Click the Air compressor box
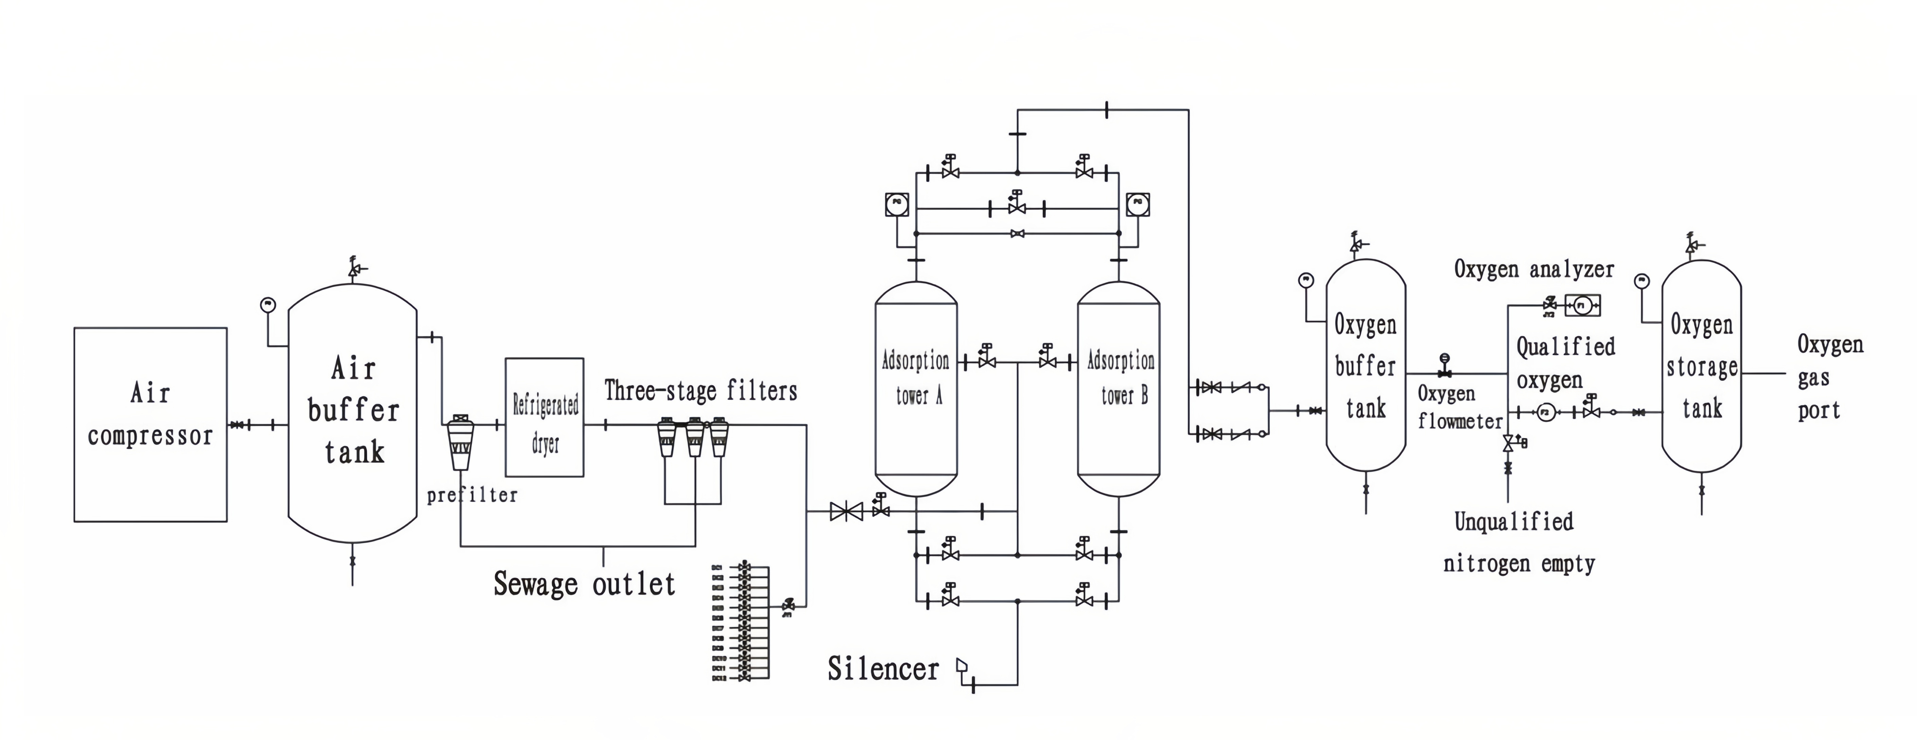click(x=150, y=424)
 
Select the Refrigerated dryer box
click(x=544, y=417)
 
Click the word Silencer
click(x=883, y=669)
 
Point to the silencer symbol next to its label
click(x=963, y=665)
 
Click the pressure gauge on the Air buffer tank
click(x=268, y=304)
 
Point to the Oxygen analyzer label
click(x=1534, y=269)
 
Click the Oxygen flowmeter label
click(x=1458, y=407)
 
